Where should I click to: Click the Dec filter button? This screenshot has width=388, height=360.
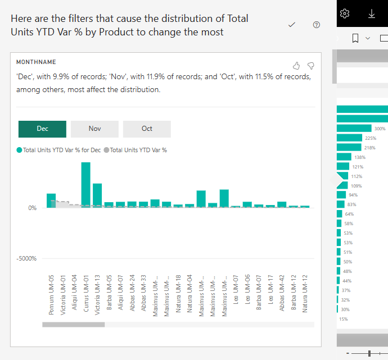(42, 129)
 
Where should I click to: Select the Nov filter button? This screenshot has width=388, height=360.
(94, 129)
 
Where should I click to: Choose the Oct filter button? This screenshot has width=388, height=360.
(147, 129)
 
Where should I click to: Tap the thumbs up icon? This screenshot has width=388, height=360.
(297, 65)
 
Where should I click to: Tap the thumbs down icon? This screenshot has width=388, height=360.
(310, 65)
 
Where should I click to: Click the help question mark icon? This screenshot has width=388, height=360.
(316, 25)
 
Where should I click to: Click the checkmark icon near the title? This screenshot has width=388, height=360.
(291, 25)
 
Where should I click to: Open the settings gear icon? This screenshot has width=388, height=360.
(345, 13)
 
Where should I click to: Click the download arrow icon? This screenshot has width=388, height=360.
(372, 13)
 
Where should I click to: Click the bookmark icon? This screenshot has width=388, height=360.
(355, 38)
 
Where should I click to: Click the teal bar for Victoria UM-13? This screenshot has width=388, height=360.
(97, 195)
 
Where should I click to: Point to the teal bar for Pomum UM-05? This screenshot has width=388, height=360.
(51, 200)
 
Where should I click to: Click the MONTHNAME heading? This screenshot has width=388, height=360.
(36, 62)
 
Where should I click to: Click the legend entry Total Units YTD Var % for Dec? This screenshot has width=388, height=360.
(61, 150)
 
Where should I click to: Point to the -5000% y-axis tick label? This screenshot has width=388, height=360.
(26, 259)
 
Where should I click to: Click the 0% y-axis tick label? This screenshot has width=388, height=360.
(32, 208)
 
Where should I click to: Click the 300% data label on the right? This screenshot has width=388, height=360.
(380, 129)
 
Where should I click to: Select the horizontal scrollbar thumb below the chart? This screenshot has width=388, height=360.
(73, 324)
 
